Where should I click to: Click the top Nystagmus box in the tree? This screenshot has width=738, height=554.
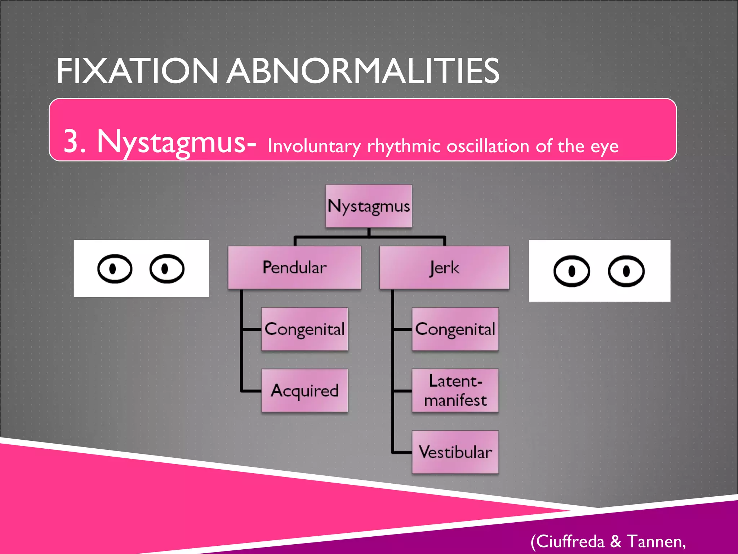pyautogui.click(x=368, y=206)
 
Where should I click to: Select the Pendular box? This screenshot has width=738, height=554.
pyautogui.click(x=294, y=267)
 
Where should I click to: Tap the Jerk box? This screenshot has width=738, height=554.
pyautogui.click(x=444, y=268)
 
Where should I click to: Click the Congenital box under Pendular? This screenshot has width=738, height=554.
pyautogui.click(x=304, y=329)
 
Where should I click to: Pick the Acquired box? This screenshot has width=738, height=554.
pyautogui.click(x=304, y=390)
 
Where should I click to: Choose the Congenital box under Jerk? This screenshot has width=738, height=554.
pyautogui.click(x=455, y=329)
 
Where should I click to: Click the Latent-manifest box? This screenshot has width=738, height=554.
pyautogui.click(x=455, y=390)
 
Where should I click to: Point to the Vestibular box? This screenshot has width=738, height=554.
pyautogui.click(x=455, y=452)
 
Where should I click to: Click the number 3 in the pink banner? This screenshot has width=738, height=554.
pyautogui.click(x=71, y=141)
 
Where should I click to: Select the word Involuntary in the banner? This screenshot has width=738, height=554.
pyautogui.click(x=314, y=146)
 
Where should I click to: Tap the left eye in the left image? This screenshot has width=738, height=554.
pyautogui.click(x=115, y=269)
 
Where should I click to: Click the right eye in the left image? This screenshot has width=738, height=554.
pyautogui.click(x=167, y=269)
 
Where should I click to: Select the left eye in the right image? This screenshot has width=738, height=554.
pyautogui.click(x=572, y=271)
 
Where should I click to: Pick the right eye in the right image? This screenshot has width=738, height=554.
pyautogui.click(x=626, y=271)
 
